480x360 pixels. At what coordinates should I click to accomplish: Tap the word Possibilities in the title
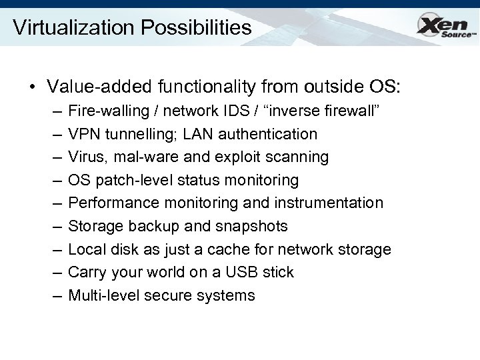pyautogui.click(x=201, y=27)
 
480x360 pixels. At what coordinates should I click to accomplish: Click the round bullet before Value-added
pyautogui.click(x=31, y=87)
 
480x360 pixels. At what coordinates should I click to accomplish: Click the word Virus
pyautogui.click(x=86, y=157)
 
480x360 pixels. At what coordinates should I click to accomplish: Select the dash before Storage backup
pyautogui.click(x=53, y=227)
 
